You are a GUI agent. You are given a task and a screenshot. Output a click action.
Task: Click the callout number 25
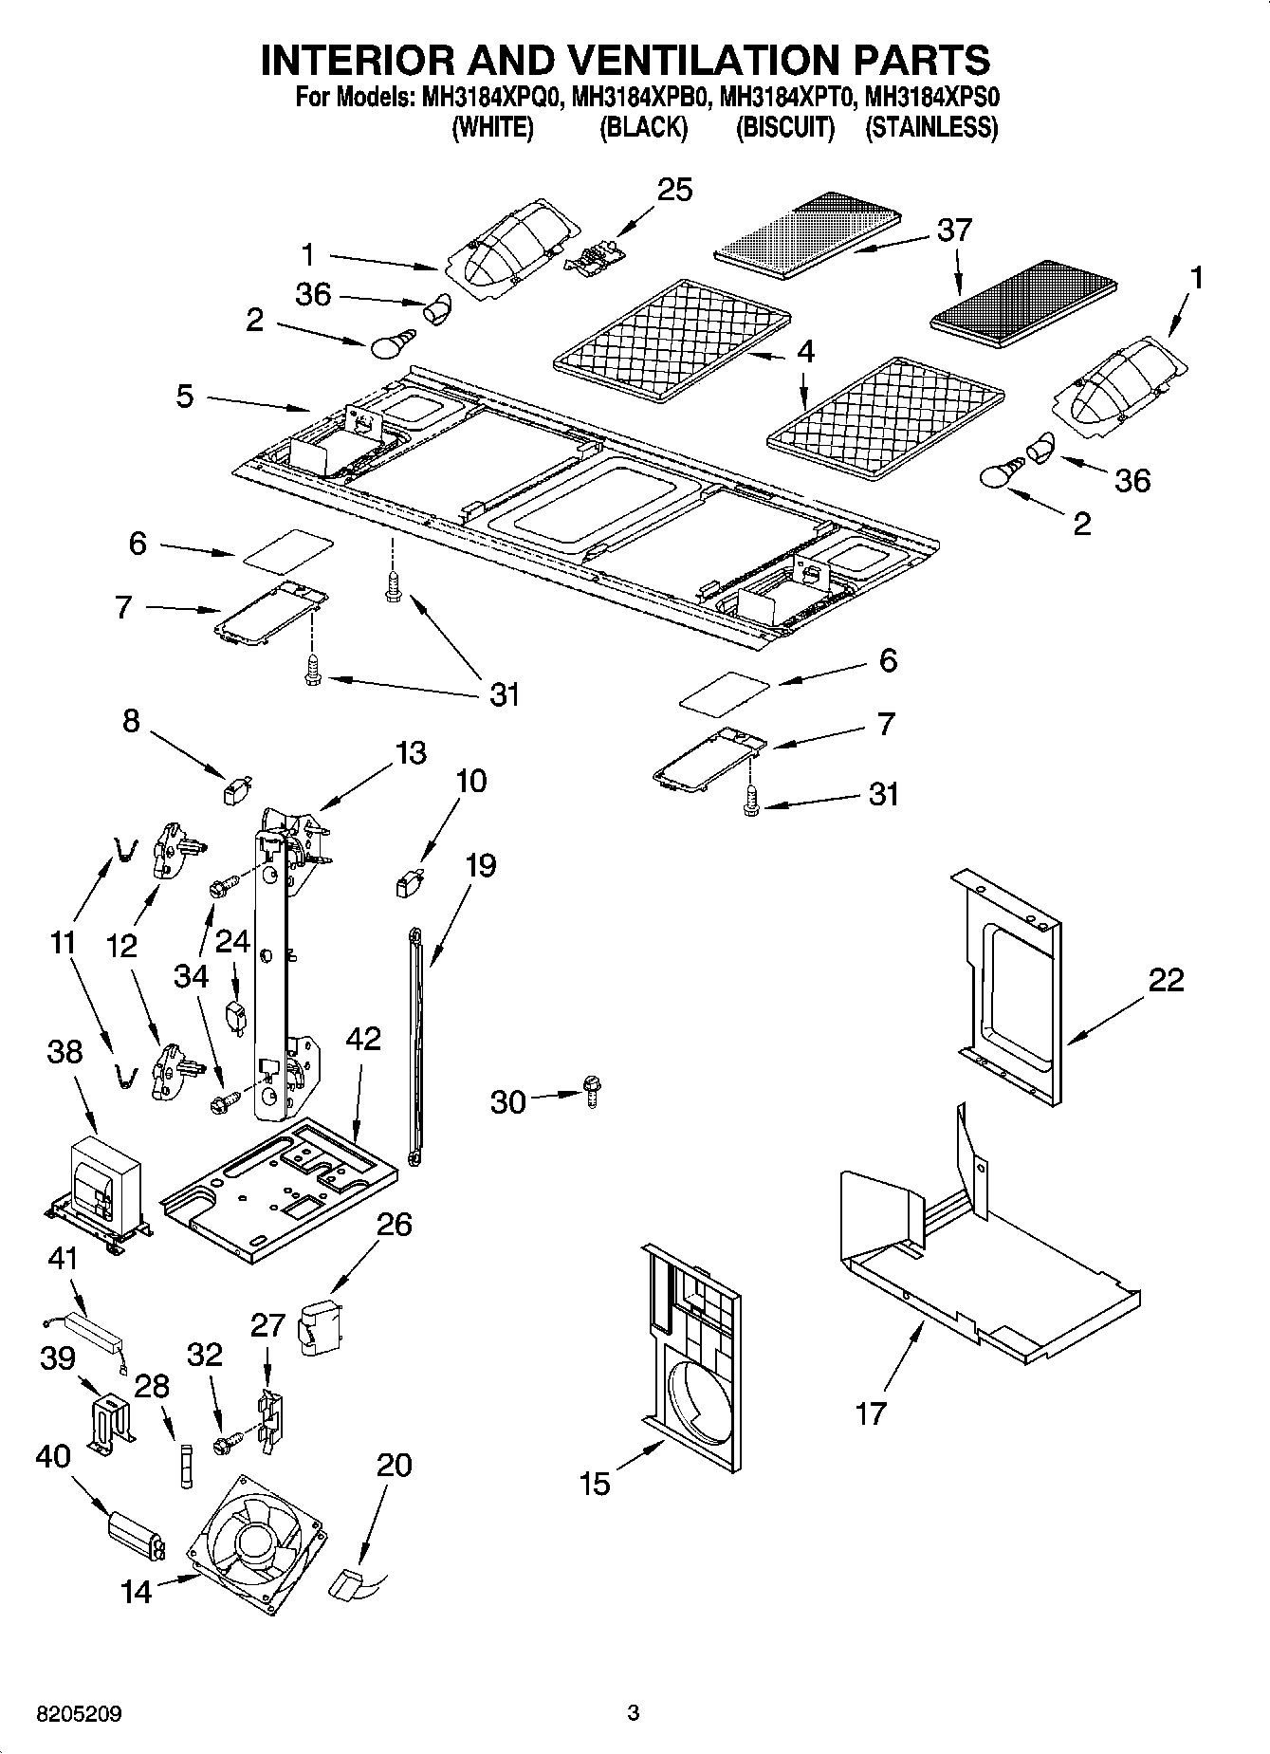click(x=674, y=190)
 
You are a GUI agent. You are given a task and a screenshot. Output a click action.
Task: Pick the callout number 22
click(x=1166, y=979)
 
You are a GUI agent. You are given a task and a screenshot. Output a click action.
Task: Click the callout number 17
click(x=870, y=1412)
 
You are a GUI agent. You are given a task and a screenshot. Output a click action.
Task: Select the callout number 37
click(x=954, y=230)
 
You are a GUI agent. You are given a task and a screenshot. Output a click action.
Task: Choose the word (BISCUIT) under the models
click(x=785, y=127)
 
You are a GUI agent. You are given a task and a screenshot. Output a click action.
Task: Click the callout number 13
click(x=410, y=753)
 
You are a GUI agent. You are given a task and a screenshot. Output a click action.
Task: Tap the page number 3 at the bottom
click(x=634, y=1713)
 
